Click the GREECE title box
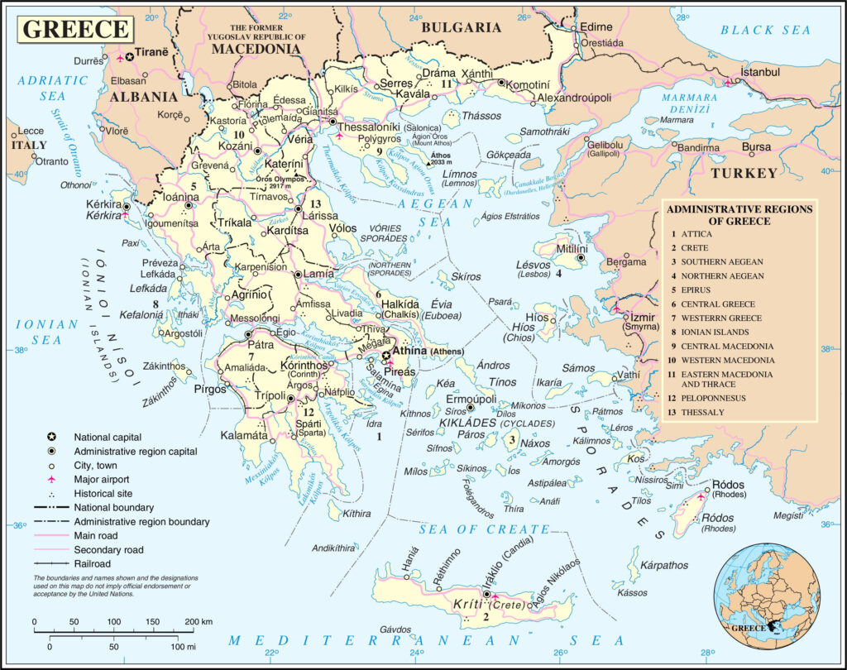click(x=75, y=28)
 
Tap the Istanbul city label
click(x=760, y=73)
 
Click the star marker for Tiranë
click(x=129, y=57)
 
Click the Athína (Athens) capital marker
click(x=385, y=356)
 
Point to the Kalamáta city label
click(x=244, y=435)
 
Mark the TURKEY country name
click(x=744, y=174)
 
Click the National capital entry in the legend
click(x=107, y=438)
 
